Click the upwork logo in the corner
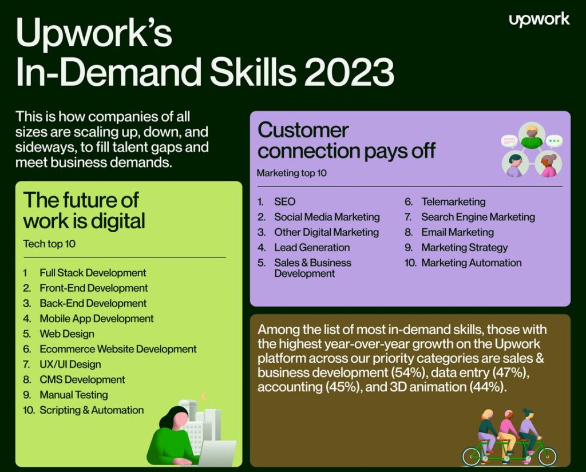click(539, 19)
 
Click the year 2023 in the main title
click(349, 73)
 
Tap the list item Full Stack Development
click(93, 273)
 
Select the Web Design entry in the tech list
click(67, 334)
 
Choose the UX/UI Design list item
click(70, 364)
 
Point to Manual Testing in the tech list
click(74, 395)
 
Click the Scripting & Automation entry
click(92, 410)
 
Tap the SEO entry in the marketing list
click(284, 202)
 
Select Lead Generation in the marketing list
click(312, 248)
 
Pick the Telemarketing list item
click(453, 202)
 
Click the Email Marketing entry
click(457, 232)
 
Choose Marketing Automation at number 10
click(471, 263)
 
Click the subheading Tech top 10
click(49, 244)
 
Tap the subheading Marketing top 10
click(292, 173)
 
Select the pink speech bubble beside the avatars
click(509, 140)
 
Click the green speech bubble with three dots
click(554, 140)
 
